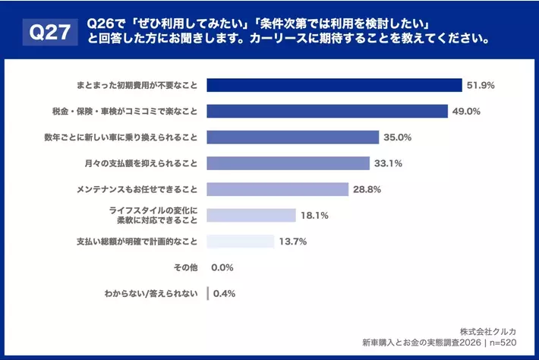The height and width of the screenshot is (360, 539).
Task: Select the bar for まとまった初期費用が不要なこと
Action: coord(334,85)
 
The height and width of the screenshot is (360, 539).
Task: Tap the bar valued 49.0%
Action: coord(327,111)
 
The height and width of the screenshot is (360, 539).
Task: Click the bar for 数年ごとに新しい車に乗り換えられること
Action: coord(292,137)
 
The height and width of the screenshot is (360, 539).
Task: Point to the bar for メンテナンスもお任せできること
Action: coord(278,189)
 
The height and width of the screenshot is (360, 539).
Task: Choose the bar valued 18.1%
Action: coord(251,216)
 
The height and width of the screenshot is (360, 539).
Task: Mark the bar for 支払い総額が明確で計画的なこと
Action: coord(240,242)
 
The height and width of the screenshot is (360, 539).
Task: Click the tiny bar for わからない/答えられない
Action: coord(208,293)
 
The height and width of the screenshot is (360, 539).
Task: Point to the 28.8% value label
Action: coord(367,189)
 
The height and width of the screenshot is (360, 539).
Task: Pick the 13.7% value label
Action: coord(292,242)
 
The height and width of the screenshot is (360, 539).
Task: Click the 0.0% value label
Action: coord(222,267)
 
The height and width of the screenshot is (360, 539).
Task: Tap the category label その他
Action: coord(185,267)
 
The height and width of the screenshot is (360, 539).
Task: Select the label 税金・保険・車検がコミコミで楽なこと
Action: coord(122,111)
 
